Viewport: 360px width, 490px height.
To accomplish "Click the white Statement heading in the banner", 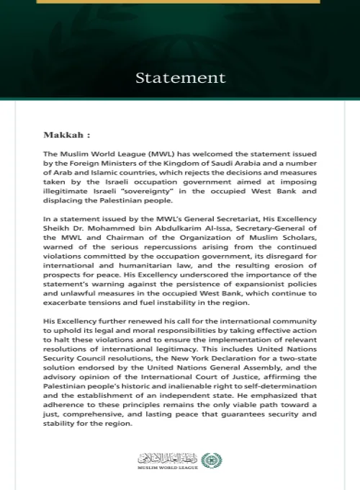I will (x=180, y=78).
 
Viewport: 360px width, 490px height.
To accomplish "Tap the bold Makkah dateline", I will (x=67, y=135).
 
